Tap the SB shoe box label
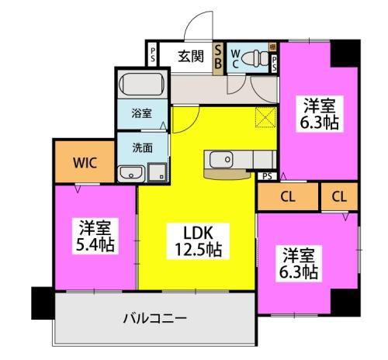tap(218, 56)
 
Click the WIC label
tap(85, 163)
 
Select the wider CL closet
tap(286, 197)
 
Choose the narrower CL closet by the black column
tap(338, 197)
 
